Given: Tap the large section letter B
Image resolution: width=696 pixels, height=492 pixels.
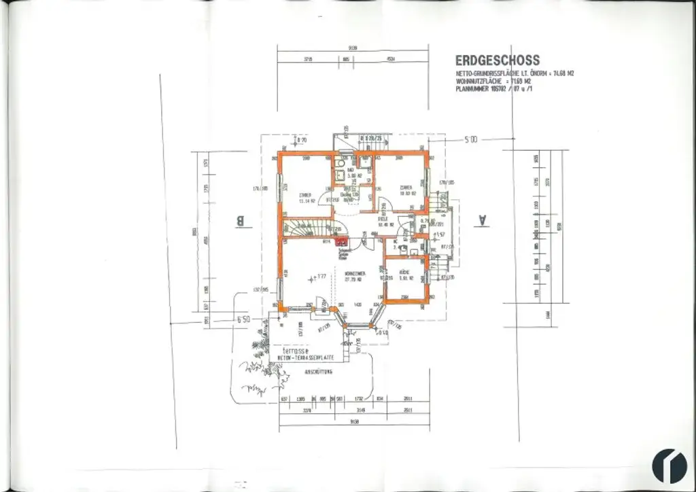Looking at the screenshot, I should click(239, 221).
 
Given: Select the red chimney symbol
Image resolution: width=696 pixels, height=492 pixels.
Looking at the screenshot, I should click(341, 239).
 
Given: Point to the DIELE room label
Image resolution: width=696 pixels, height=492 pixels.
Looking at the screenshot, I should click(383, 219).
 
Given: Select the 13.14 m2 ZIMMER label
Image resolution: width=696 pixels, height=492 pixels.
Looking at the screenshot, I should click(303, 198).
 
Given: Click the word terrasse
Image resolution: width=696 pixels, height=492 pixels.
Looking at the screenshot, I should click(287, 350).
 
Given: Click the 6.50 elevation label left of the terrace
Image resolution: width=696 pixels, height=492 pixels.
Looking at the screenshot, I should click(243, 318).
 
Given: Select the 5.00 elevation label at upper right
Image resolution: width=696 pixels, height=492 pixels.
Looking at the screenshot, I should click(470, 139).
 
